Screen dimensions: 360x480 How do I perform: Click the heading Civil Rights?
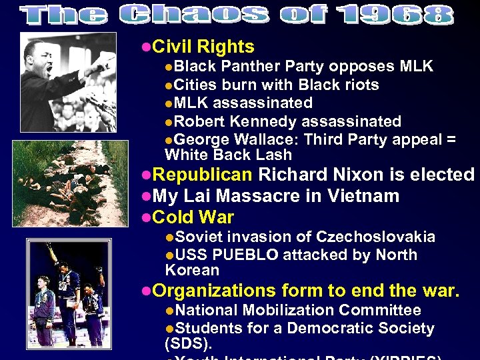203,47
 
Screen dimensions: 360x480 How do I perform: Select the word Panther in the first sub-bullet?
251,67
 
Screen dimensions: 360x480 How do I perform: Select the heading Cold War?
193,218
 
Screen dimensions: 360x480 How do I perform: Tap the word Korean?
192,271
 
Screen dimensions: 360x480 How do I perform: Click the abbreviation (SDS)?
188,345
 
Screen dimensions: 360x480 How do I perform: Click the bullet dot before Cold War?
147,218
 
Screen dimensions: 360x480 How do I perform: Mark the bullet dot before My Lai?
147,197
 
